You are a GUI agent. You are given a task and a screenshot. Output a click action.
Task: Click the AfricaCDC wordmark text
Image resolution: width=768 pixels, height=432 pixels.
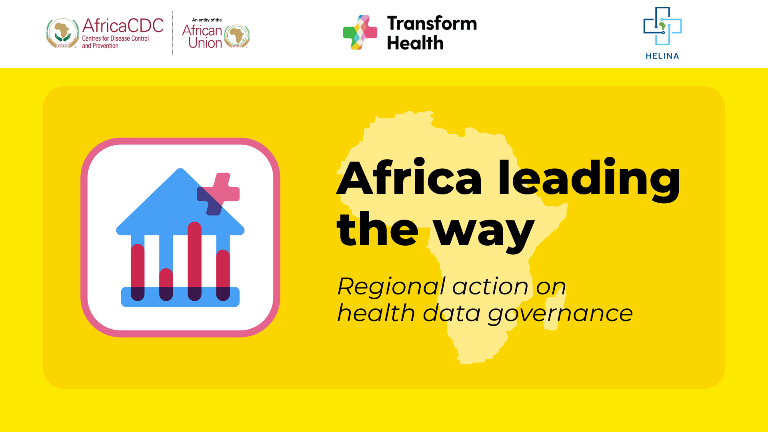[x=123, y=26]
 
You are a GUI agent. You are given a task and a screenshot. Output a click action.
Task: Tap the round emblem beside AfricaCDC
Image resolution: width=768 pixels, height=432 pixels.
[x=62, y=33]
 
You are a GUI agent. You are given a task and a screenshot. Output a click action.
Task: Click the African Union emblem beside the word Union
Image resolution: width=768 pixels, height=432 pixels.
[x=237, y=36]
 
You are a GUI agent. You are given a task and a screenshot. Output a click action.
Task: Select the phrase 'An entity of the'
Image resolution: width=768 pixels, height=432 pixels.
[x=207, y=20]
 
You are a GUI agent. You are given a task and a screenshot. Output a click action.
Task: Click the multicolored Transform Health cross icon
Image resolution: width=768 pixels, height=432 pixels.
[x=360, y=32]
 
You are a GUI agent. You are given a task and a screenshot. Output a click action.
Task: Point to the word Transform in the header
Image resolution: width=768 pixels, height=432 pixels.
[x=432, y=23]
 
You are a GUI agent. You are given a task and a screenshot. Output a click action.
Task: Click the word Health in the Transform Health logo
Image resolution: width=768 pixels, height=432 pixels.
[x=415, y=42]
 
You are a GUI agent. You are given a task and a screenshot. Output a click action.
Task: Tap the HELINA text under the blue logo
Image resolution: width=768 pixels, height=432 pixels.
[x=662, y=56]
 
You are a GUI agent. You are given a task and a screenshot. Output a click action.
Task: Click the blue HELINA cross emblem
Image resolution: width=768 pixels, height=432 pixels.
[x=662, y=26]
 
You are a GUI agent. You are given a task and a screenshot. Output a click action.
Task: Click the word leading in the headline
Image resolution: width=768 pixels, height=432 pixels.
[x=589, y=179]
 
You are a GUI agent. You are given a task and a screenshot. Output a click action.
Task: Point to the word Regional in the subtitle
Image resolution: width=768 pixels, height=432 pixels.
[x=391, y=286]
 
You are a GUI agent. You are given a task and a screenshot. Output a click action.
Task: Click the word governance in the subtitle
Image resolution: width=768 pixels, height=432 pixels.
[x=560, y=314]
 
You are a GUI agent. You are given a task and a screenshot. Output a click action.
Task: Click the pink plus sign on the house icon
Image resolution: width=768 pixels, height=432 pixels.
[x=218, y=194]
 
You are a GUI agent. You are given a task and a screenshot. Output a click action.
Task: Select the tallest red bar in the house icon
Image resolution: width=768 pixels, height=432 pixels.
[x=194, y=261]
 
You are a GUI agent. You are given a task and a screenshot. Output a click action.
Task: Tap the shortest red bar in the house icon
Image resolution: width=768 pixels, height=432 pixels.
[x=166, y=284]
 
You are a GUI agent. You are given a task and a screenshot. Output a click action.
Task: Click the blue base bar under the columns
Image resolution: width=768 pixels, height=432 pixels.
[x=180, y=297]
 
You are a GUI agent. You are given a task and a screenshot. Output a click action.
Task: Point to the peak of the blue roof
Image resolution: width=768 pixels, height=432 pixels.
[x=180, y=169]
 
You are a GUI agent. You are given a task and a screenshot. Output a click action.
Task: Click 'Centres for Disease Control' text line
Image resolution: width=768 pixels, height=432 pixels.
[x=115, y=38]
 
